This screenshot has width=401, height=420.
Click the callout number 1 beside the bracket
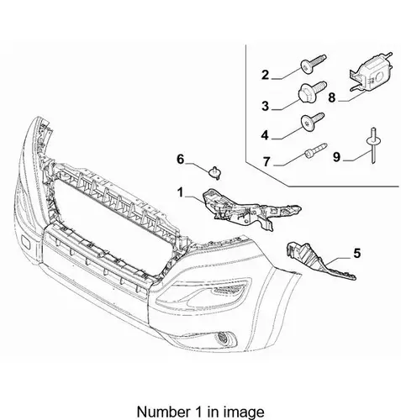(180, 192)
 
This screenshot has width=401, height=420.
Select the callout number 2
(265, 75)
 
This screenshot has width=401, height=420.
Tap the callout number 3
(265, 106)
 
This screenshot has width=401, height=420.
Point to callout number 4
(265, 135)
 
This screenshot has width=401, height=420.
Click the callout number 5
(356, 253)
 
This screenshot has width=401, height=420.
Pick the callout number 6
(181, 160)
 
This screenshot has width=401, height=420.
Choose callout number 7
(266, 161)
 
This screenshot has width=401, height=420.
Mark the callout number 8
(332, 97)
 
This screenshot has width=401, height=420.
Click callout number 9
(336, 157)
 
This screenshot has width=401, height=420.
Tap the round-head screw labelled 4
(312, 121)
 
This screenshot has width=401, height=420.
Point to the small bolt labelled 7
(315, 150)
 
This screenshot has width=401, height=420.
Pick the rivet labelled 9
(373, 144)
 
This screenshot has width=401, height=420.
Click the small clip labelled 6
(215, 172)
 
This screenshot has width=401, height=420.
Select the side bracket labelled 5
(319, 260)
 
